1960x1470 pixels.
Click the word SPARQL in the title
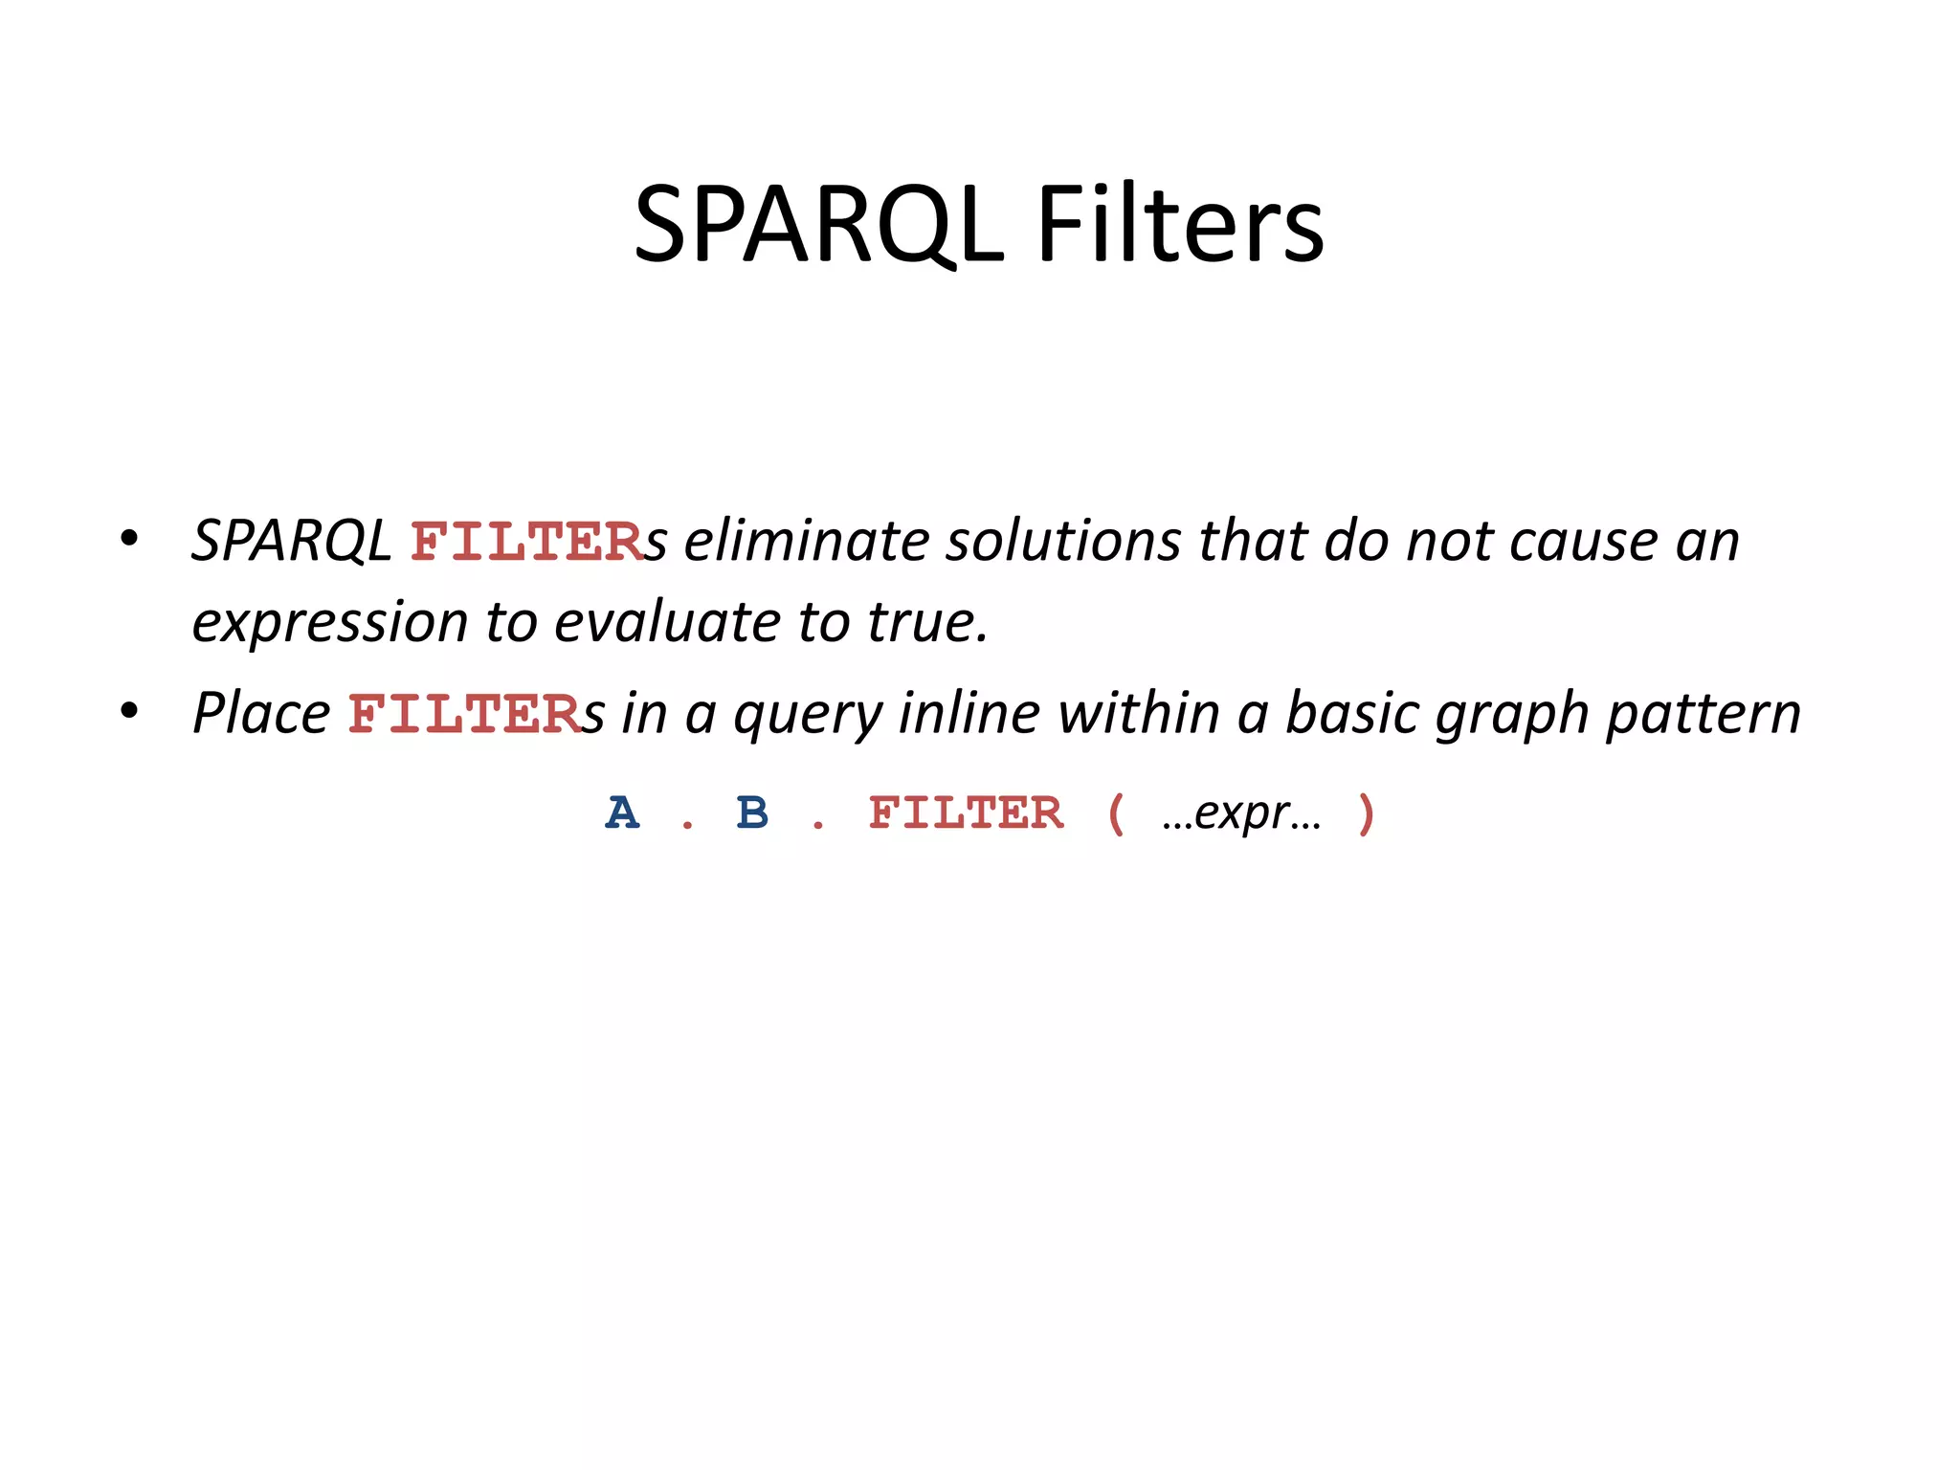pyautogui.click(x=818, y=225)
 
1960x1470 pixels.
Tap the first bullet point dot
pyautogui.click(x=129, y=539)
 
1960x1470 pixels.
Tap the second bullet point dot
pyautogui.click(x=129, y=711)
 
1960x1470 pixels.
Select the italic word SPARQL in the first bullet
pyautogui.click(x=291, y=541)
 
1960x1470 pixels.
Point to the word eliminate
pyautogui.click(x=806, y=541)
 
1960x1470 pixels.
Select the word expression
pyautogui.click(x=328, y=623)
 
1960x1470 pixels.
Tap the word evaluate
pyautogui.click(x=667, y=622)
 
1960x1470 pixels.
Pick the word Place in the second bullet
pyautogui.click(x=261, y=714)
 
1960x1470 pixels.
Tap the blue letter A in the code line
pyautogui.click(x=622, y=813)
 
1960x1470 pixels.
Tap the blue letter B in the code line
pyautogui.click(x=752, y=813)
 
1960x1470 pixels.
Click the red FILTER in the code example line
pyautogui.click(x=965, y=813)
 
